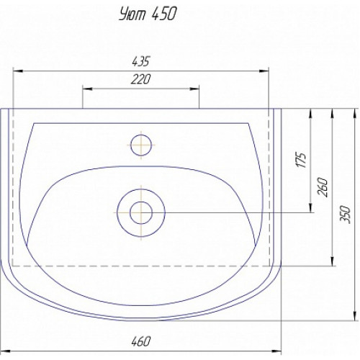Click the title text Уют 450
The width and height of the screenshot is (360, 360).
148,14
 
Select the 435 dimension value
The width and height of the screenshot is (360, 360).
141,61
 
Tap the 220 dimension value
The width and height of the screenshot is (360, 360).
141,79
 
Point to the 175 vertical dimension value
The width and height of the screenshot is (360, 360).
302,160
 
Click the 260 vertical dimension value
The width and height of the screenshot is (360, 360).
323,187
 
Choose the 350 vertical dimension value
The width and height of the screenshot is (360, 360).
346,215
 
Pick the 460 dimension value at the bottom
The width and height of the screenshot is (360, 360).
141,341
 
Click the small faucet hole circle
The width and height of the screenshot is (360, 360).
141,145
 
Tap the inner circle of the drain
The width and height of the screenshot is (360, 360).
141,212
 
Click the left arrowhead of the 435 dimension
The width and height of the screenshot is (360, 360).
18,71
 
